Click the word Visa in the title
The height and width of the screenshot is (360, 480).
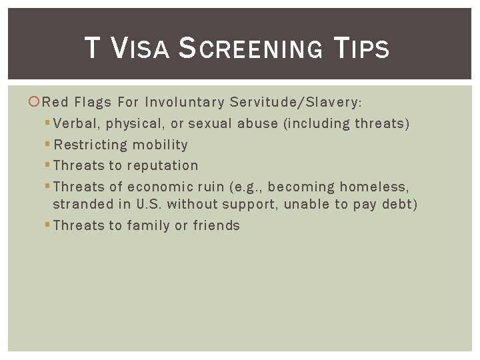pyautogui.click(x=139, y=48)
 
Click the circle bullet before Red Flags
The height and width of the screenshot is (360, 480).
pyautogui.click(x=35, y=102)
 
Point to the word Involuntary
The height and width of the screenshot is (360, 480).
pyautogui.click(x=185, y=102)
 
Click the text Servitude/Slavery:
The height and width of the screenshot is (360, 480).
pyautogui.click(x=295, y=102)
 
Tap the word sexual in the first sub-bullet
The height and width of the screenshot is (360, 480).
pyautogui.click(x=209, y=123)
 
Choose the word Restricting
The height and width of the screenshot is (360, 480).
pyautogui.click(x=90, y=145)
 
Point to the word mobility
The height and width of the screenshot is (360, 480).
pyautogui.click(x=160, y=145)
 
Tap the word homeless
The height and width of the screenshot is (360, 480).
pyautogui.click(x=375, y=187)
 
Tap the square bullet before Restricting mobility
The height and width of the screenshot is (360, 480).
pyautogui.click(x=47, y=145)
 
